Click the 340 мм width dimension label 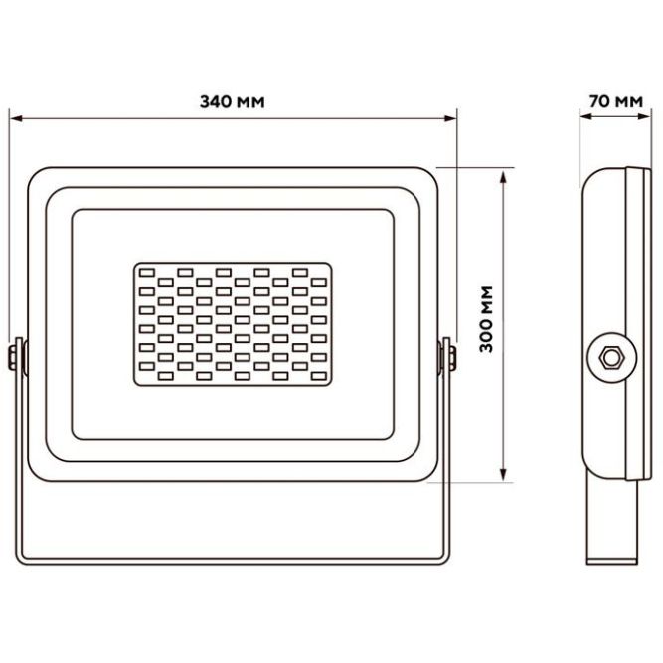[x=233, y=102]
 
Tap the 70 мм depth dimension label [x=616, y=102]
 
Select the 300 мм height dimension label [x=487, y=319]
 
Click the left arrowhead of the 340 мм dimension [x=16, y=118]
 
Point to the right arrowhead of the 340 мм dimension [x=450, y=118]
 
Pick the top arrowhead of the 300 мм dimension [x=503, y=177]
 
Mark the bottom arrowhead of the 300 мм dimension [x=503, y=474]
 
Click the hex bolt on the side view [x=611, y=358]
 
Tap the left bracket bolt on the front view [x=13, y=358]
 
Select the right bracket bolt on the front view [x=451, y=358]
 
